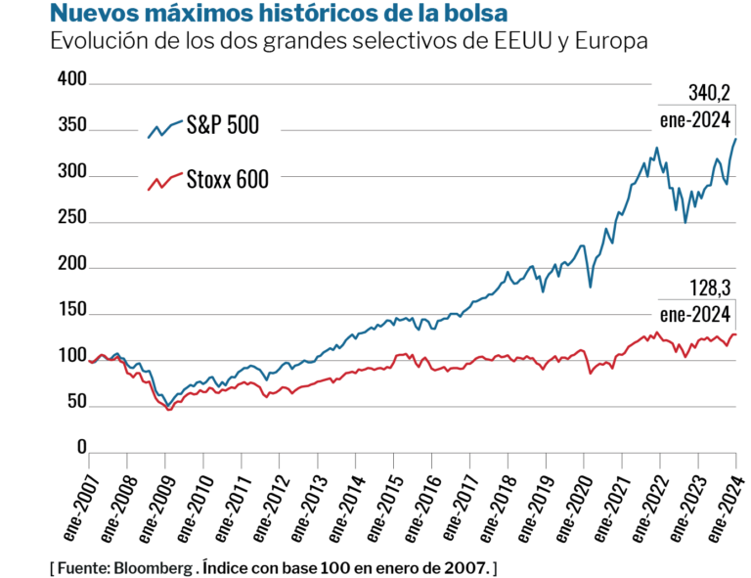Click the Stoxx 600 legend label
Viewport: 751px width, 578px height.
227,180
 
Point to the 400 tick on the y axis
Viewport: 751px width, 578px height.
73,78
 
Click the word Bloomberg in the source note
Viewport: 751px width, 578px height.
154,568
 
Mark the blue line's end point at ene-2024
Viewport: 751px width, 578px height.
736,139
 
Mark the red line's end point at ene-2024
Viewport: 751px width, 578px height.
736,334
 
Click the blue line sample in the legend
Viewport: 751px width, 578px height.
164,128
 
